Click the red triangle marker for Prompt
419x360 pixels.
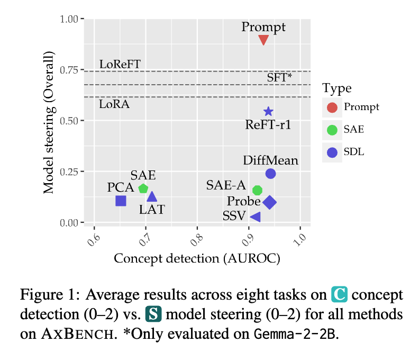coord(263,40)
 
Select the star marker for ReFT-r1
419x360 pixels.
coord(268,111)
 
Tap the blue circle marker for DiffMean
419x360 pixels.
coord(270,174)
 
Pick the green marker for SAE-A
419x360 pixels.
coord(258,190)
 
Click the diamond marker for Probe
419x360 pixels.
coord(269,202)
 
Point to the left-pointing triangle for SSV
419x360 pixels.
coord(255,217)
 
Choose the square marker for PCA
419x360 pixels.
coord(121,201)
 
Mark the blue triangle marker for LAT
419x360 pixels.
coord(152,197)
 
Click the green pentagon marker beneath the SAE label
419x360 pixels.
coord(143,188)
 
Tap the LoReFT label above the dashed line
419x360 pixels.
coord(120,64)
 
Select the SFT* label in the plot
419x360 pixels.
coord(279,77)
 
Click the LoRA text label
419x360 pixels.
coord(114,104)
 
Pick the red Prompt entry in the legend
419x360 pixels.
coord(332,107)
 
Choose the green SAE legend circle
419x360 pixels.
coord(332,130)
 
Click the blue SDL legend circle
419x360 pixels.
coord(332,152)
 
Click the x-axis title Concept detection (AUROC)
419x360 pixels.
coord(197,258)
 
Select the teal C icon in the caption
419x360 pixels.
coord(339,294)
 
